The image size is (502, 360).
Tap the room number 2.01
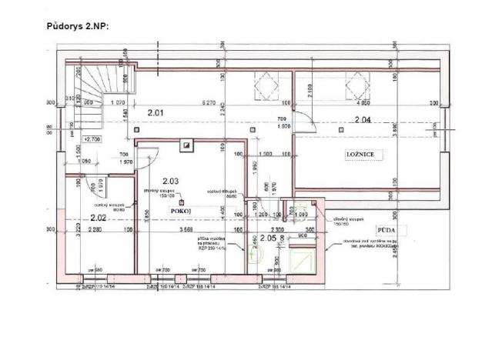tap(156, 114)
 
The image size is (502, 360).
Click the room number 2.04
tap(363, 119)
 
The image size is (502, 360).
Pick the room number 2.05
tap(268, 238)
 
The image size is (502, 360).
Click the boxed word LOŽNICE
tap(360, 155)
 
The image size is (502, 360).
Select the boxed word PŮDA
tap(387, 230)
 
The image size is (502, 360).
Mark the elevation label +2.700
tap(92, 139)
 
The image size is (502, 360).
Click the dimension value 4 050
tap(362, 103)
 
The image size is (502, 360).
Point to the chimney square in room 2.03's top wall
tap(186, 142)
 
